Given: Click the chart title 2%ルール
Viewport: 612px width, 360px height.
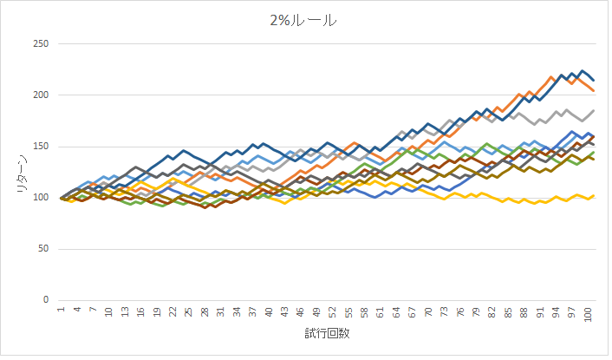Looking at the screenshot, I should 305,20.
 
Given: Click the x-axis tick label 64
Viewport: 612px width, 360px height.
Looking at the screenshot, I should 396,311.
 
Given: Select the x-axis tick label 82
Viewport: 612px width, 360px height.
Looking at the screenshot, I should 492,311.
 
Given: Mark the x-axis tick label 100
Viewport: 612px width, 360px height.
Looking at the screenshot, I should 588,313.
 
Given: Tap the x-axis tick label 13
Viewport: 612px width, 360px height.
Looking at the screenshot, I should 125,311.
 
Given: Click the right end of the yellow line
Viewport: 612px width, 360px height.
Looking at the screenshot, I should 593,195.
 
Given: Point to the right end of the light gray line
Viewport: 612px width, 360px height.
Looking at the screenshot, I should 593,111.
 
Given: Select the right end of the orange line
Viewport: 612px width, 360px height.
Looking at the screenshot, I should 593,90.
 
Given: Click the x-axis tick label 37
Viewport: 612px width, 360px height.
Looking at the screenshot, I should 252,311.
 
